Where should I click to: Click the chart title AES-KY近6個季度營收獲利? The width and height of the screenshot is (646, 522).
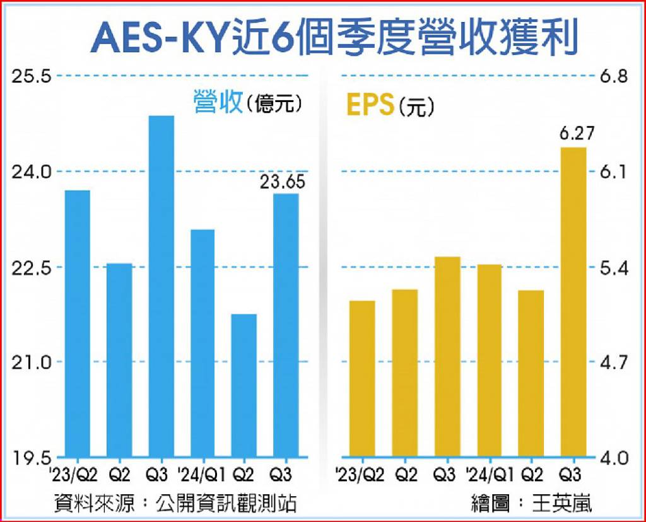334,37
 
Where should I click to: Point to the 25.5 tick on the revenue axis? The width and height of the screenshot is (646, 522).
31,77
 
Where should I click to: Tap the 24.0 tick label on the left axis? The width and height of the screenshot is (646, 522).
31,172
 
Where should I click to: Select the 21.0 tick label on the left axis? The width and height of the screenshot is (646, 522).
31,362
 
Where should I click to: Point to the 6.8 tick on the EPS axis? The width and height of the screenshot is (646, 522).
614,77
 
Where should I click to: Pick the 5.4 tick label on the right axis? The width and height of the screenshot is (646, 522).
614,267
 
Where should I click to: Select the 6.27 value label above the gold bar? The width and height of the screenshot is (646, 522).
573,134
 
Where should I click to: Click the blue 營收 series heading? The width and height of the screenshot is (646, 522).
218,102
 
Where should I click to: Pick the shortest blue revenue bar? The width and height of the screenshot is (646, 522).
244,385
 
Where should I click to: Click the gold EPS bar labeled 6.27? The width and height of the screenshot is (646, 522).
573,301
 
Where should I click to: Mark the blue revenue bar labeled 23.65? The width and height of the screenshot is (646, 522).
286,325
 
